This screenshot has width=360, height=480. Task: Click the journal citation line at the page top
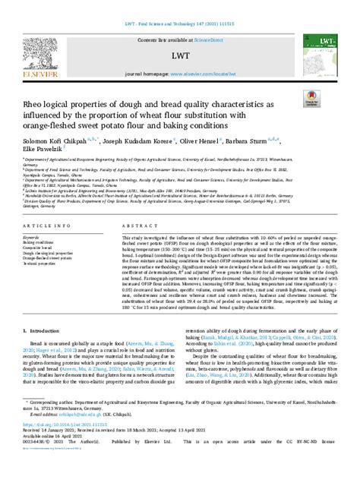(x=179, y=5)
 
